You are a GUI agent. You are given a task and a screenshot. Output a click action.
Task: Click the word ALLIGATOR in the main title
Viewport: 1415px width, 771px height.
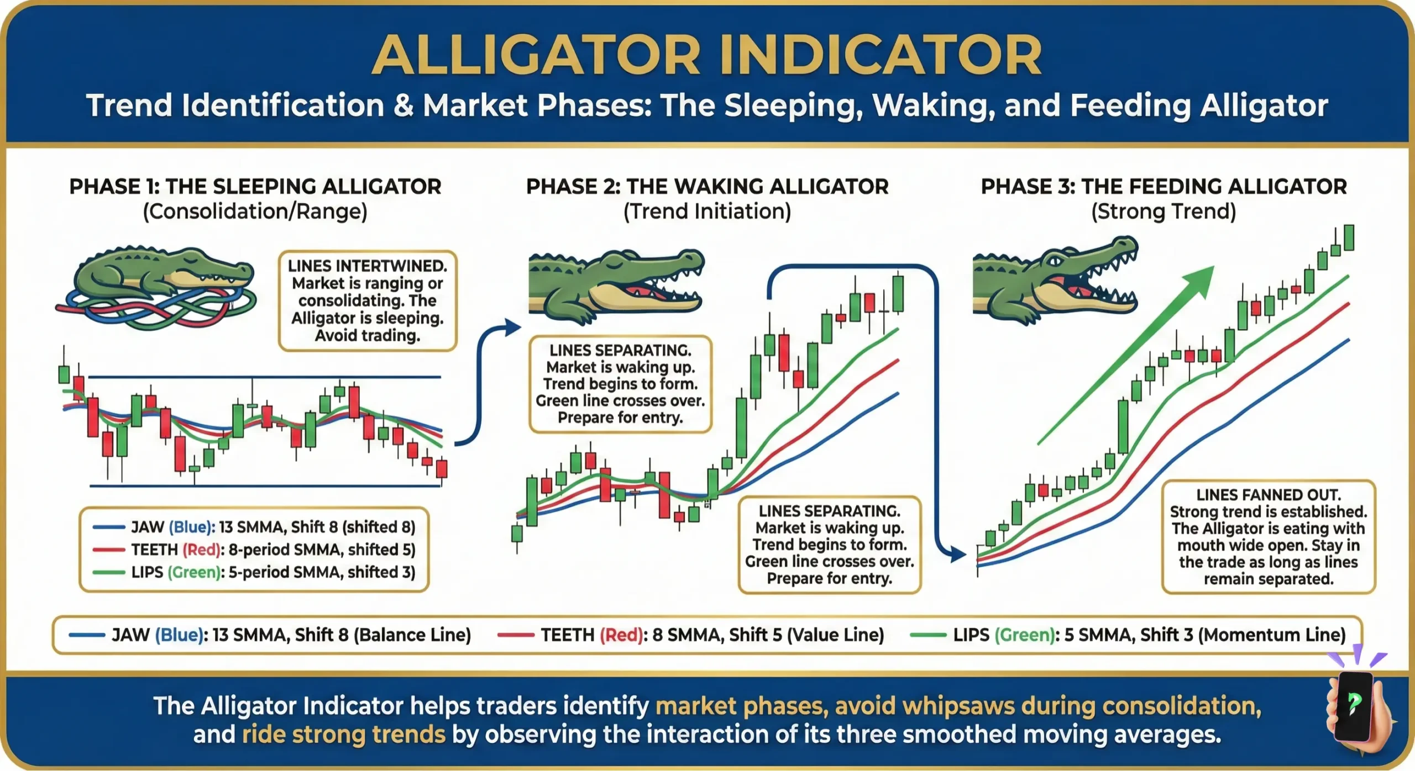click(536, 55)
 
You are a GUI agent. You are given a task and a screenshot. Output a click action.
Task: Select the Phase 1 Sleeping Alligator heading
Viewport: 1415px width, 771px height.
click(255, 187)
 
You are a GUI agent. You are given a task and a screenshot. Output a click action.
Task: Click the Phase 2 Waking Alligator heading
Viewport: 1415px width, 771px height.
click(707, 187)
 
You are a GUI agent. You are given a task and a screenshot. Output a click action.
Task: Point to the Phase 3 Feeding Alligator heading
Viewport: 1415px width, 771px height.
click(1164, 187)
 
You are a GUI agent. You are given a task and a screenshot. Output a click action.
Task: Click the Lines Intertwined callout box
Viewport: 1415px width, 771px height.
click(368, 300)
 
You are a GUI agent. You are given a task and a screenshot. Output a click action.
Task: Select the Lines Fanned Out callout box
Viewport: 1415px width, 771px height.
click(1268, 536)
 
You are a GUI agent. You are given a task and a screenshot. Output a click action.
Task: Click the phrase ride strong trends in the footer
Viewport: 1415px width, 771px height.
click(343, 735)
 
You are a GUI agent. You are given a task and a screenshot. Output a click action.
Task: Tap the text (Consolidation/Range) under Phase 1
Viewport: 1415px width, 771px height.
click(255, 212)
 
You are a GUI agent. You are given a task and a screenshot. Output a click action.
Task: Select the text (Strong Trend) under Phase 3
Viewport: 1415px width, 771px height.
click(1164, 212)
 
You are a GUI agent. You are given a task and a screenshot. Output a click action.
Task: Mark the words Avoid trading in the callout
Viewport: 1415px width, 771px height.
click(368, 335)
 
